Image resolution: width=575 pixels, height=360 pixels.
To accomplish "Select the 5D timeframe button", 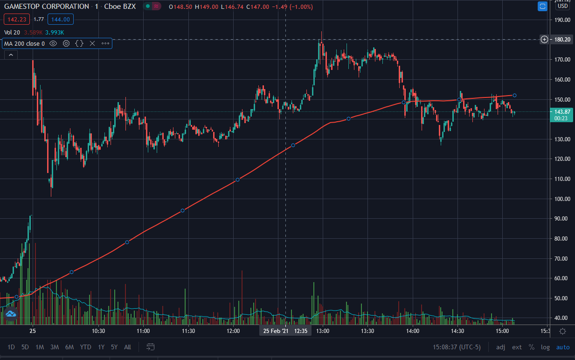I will click(x=25, y=347).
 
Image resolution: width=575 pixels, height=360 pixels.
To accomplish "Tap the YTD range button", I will click(x=85, y=347).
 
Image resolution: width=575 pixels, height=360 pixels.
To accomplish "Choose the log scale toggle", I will click(x=545, y=347).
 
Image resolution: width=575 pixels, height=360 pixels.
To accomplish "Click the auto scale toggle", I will click(x=563, y=347).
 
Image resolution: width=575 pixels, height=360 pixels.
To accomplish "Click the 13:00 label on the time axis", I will click(x=323, y=331).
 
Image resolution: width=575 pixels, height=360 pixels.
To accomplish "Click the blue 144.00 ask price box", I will click(x=60, y=19).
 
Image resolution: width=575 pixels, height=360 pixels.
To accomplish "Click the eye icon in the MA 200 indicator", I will click(x=53, y=43).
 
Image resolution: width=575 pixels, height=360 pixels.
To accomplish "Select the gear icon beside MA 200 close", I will click(x=66, y=43).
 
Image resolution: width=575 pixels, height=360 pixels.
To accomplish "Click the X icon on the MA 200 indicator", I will click(x=92, y=43).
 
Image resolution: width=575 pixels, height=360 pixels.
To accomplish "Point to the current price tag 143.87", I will click(x=561, y=112).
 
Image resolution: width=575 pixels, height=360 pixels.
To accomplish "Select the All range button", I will click(x=127, y=347).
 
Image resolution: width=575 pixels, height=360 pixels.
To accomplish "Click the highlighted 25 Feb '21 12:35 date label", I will click(x=285, y=331).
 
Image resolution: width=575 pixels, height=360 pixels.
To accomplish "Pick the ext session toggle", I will click(x=517, y=347).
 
